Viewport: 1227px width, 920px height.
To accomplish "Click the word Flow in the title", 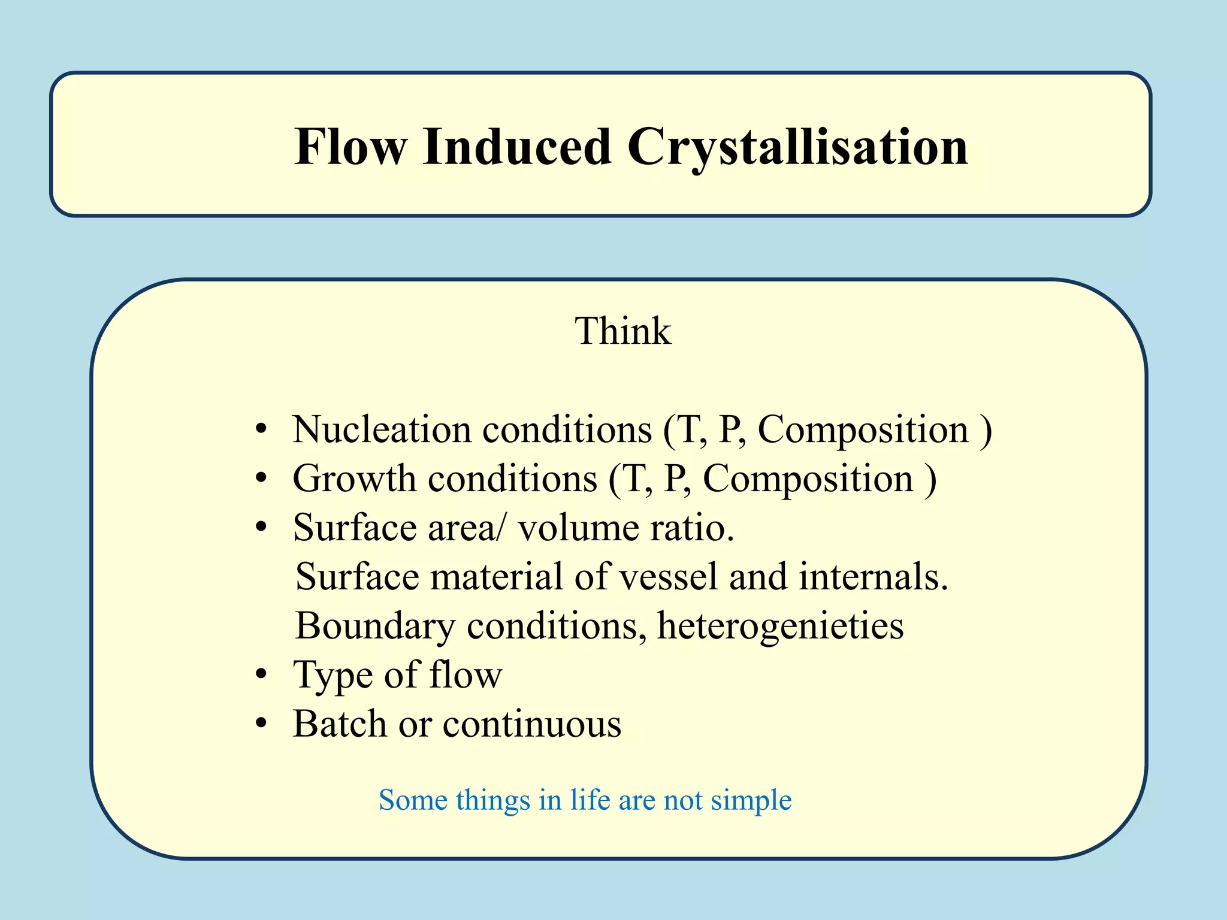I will click(x=350, y=147).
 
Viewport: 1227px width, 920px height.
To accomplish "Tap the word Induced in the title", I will click(x=516, y=147).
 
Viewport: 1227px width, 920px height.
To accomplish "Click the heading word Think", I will click(x=623, y=331).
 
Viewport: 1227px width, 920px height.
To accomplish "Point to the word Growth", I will click(x=353, y=479).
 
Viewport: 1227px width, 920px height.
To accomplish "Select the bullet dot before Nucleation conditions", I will click(x=261, y=430).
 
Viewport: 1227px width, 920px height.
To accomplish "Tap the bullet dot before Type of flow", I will click(x=261, y=676).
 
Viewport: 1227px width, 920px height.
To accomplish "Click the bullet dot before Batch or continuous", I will click(x=261, y=725).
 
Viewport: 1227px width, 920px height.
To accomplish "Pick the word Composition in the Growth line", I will click(x=807, y=479).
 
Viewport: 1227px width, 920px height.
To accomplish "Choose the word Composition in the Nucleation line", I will click(x=863, y=430).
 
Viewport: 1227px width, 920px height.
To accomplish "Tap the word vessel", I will click(x=667, y=577).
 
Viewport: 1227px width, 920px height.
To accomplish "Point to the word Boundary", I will click(x=375, y=627).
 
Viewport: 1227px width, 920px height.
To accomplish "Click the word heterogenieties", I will click(x=780, y=627).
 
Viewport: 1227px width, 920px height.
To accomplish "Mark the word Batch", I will click(x=340, y=724).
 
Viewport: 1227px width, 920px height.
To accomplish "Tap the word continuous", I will click(x=531, y=725).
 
